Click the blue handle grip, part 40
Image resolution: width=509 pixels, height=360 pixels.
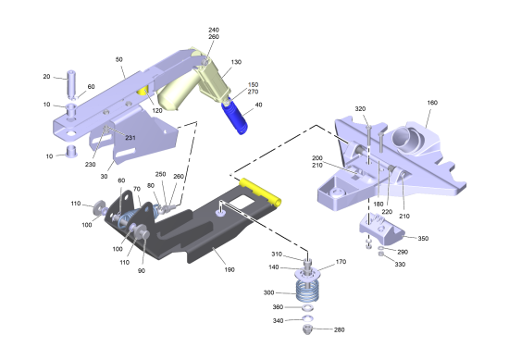point(234,117)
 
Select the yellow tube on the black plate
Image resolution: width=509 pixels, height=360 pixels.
point(260,192)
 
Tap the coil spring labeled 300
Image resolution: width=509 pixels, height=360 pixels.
point(307,291)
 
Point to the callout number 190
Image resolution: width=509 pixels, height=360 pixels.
point(230,269)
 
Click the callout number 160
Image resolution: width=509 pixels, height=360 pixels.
point(432,103)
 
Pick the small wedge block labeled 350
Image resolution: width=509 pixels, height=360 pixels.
point(381,229)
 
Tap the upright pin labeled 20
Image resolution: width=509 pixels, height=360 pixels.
point(72,83)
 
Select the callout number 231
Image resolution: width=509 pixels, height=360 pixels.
point(130,138)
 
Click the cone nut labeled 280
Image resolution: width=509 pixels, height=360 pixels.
point(308,329)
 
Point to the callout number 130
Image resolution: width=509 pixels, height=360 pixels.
point(236,62)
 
